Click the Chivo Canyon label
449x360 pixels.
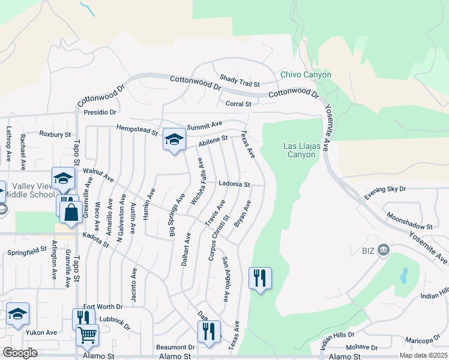click(306, 75)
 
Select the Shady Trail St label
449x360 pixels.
click(240, 81)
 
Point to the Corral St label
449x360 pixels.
click(238, 104)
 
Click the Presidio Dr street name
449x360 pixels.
click(100, 112)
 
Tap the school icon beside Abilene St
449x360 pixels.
click(174, 140)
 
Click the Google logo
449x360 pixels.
click(20, 353)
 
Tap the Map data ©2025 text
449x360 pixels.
click(423, 355)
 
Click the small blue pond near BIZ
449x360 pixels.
click(403, 275)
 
